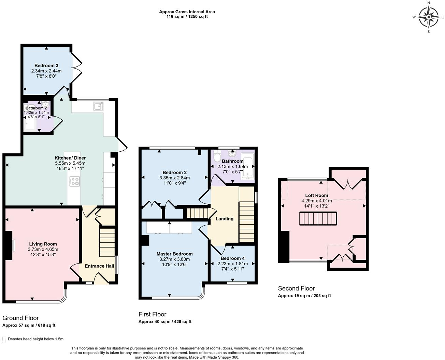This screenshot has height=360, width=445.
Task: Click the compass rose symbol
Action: [x=429, y=17]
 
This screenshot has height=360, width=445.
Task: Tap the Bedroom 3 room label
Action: [x=46, y=65]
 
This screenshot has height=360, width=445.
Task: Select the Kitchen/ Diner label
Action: [x=70, y=158]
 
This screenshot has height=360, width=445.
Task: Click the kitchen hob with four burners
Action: [x=75, y=181]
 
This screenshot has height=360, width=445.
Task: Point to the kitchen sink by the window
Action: [x=98, y=106]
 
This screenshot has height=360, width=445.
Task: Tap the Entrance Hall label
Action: [x=99, y=266]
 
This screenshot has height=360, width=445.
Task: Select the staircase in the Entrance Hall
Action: [x=107, y=242]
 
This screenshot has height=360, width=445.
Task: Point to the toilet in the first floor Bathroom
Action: [x=217, y=157]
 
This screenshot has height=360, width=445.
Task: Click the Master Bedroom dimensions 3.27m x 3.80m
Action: [x=174, y=259]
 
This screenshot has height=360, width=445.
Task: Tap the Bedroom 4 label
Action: [x=232, y=258]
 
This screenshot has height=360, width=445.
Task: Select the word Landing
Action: [x=225, y=219]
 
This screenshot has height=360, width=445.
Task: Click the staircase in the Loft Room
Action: [x=318, y=219]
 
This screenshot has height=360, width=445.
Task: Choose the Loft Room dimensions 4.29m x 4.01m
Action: [x=316, y=201]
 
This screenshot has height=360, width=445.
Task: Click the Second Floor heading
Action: [x=296, y=288]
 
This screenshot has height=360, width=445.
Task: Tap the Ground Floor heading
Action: [x=20, y=318]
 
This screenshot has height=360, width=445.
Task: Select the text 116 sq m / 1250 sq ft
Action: [x=187, y=16]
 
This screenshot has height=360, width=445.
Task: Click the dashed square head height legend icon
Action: [x=4, y=339]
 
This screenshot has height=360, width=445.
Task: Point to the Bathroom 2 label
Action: [x=36, y=108]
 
